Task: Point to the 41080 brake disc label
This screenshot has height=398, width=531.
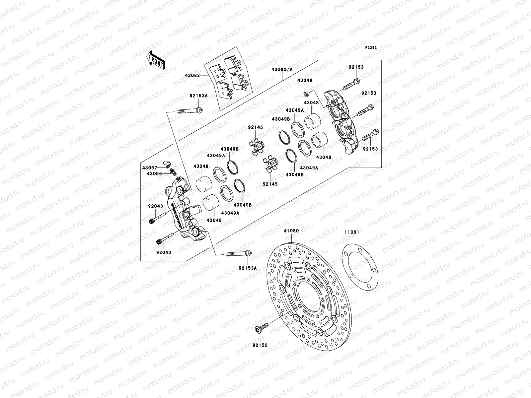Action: (291, 231)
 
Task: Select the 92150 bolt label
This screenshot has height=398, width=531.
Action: (260, 345)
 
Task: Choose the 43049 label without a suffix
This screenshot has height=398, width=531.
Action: (304, 81)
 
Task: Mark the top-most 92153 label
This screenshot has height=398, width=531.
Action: (356, 67)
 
